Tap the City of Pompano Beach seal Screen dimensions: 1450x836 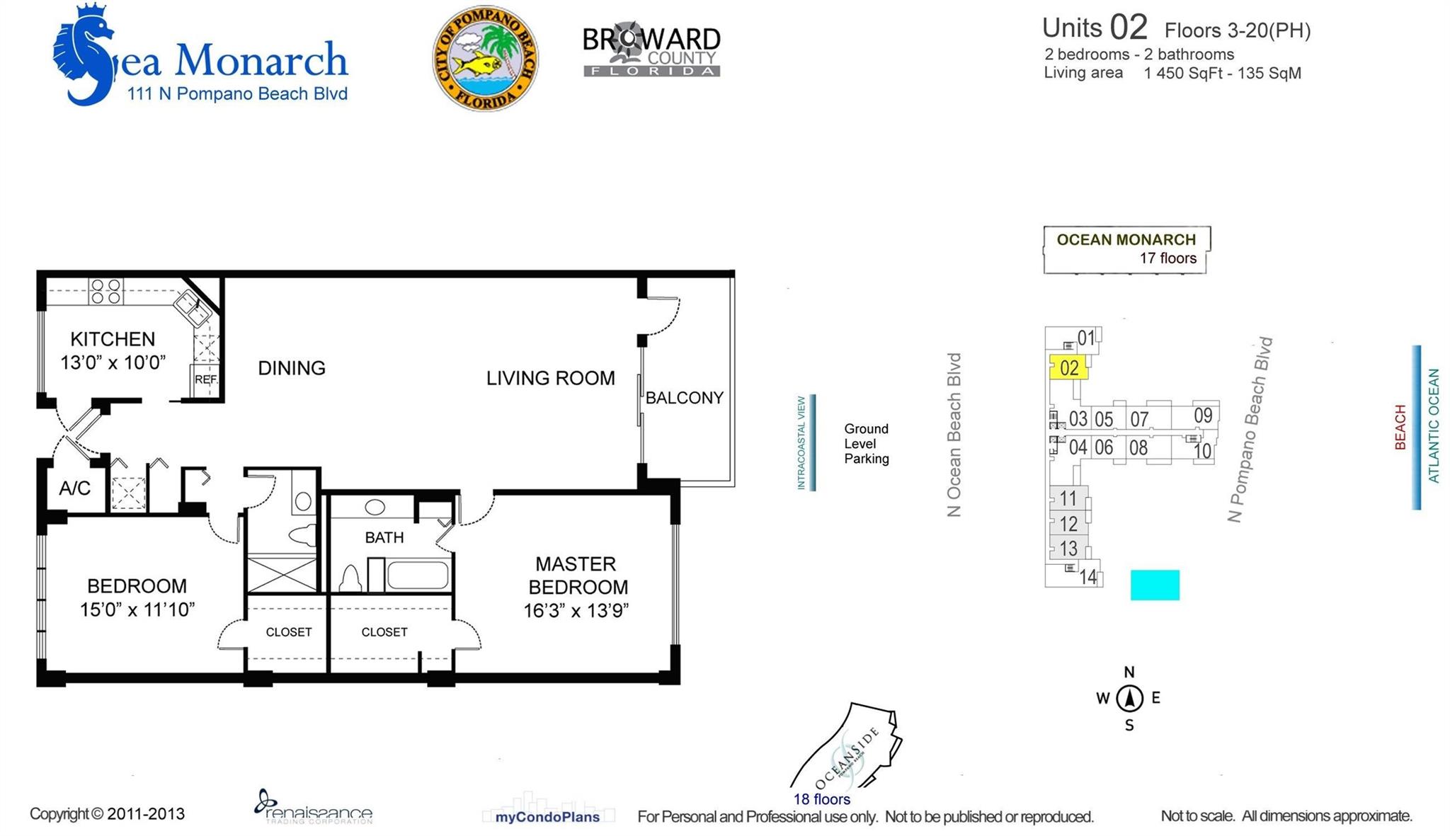coord(485,58)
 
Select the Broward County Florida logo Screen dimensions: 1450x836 coord(651,51)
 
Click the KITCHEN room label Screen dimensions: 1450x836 coord(113,339)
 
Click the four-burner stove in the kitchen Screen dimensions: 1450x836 coord(106,291)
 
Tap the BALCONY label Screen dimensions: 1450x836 coord(685,398)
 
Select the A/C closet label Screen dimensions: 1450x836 coord(74,488)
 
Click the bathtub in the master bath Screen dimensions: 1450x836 coord(418,574)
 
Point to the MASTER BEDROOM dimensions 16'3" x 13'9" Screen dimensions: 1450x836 coord(576,610)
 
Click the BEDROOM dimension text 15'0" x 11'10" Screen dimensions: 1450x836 coord(137,609)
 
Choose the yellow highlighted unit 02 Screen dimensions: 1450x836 coord(1068,367)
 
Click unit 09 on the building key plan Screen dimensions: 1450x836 coord(1203,416)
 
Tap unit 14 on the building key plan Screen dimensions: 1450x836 coord(1087,577)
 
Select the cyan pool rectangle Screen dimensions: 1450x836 coord(1155,585)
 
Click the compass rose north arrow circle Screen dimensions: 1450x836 coord(1129,698)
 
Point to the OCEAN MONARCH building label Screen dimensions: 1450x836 coord(1126,240)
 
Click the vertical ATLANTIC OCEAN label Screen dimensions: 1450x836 coord(1434,426)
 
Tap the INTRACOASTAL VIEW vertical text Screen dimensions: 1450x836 coord(801,443)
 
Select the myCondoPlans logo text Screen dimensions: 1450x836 coord(547,817)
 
